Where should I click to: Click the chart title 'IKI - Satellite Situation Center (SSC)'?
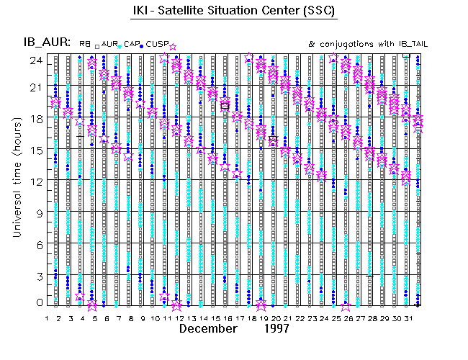[234, 11]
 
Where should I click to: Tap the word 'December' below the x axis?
[208, 328]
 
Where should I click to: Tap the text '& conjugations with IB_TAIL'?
[368, 44]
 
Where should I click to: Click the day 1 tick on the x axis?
[47, 318]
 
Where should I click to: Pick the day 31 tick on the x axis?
[408, 318]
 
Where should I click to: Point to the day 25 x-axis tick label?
[336, 318]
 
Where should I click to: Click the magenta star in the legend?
[172, 47]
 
